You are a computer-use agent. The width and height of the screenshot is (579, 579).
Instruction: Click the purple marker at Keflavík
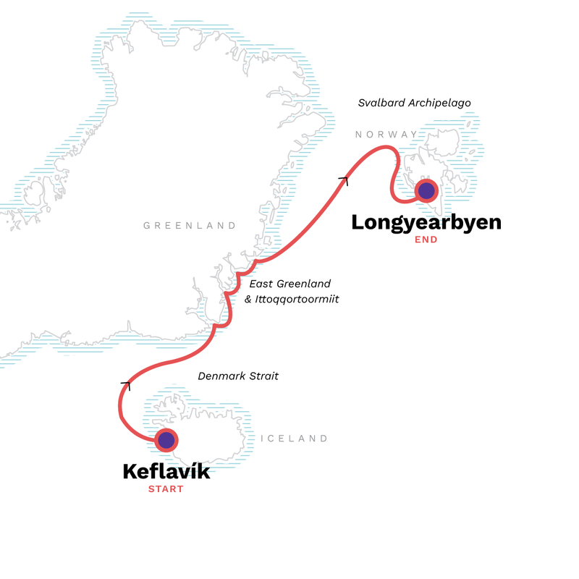[166, 439]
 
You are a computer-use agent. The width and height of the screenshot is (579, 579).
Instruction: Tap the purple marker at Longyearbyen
[426, 191]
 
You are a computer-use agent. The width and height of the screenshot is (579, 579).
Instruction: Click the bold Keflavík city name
[166, 472]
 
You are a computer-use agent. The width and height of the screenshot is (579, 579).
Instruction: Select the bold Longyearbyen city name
[426, 222]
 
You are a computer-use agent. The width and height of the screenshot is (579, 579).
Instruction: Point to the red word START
[166, 489]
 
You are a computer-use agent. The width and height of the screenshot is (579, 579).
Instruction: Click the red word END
[426, 240]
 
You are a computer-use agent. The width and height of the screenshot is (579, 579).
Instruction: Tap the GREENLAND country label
[190, 226]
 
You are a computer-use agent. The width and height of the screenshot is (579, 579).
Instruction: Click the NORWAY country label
[386, 134]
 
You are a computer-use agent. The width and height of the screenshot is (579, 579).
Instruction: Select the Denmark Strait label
[238, 376]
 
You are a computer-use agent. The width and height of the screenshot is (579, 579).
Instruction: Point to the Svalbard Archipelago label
[415, 103]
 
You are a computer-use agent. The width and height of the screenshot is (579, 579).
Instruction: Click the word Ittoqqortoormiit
[300, 298]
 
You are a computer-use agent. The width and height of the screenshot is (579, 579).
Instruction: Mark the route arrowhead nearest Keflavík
[127, 385]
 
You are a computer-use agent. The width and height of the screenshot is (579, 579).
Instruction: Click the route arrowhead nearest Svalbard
[344, 179]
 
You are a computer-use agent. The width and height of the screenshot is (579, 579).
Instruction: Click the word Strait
[263, 376]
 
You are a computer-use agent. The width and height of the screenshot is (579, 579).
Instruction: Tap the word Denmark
[221, 376]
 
